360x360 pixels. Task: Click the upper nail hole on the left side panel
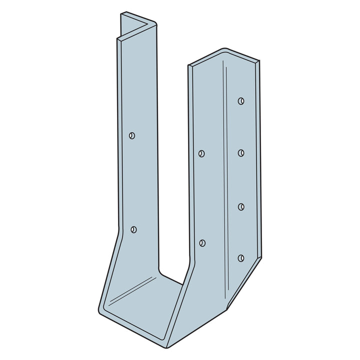tap(132, 135)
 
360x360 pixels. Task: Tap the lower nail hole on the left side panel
tap(133, 229)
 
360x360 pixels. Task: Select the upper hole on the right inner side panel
tap(201, 153)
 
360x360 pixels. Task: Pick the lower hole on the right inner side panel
tap(202, 243)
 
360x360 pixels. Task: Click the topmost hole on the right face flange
tap(241, 100)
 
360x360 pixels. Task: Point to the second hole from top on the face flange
tap(241, 152)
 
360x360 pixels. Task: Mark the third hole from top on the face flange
tap(241, 206)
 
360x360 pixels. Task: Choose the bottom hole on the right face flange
tap(241, 258)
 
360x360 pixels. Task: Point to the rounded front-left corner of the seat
tap(103, 310)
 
